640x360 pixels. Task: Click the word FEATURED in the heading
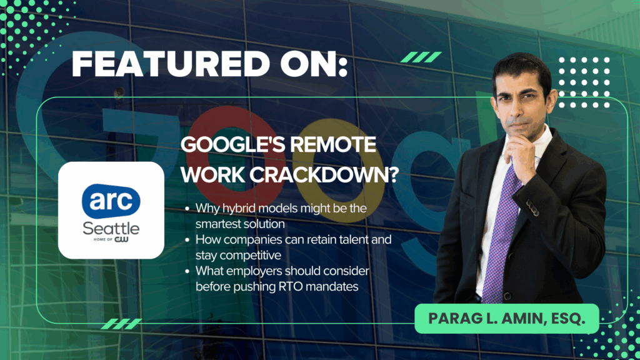click(x=171, y=64)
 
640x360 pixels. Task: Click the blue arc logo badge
click(x=111, y=201)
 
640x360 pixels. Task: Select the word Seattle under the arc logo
click(x=111, y=229)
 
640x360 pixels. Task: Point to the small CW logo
click(x=121, y=239)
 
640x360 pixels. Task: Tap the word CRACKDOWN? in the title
click(x=324, y=175)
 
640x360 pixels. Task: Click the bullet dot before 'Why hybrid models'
click(x=187, y=209)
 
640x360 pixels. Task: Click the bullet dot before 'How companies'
click(x=187, y=240)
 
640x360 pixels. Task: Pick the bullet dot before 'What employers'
click(x=187, y=271)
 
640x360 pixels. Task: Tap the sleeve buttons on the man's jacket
click(x=532, y=207)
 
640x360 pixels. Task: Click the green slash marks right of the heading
click(x=421, y=57)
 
